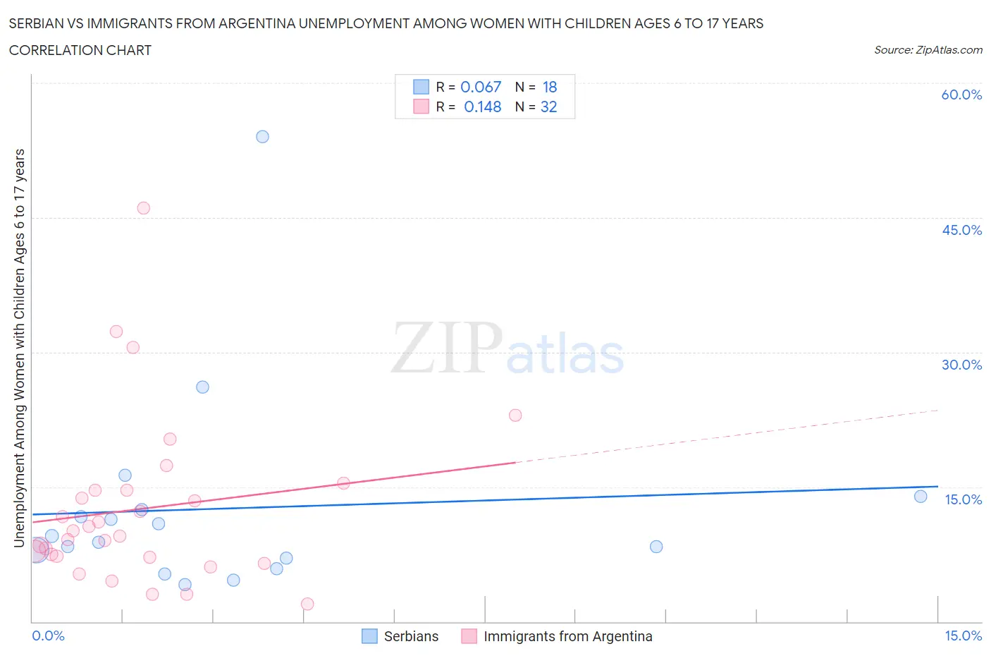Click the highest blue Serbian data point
coord(262,137)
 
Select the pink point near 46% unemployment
coord(144,208)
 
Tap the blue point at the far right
coord(921,497)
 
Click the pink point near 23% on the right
coord(515,415)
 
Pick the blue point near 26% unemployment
coord(202,387)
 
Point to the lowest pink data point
coord(307,604)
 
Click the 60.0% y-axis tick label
coord(961,95)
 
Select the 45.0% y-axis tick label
coord(961,231)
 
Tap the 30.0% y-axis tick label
coord(961,365)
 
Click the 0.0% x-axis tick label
coord(48,636)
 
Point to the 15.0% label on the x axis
coord(963,636)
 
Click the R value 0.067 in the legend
coord(481,87)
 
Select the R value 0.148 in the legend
coord(482,107)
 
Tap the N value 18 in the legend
coord(550,87)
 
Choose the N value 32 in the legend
coord(549,107)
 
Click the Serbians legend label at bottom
coord(411,637)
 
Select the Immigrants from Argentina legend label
coord(567,637)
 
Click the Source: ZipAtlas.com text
coord(928,50)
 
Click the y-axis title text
coord(20,348)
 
